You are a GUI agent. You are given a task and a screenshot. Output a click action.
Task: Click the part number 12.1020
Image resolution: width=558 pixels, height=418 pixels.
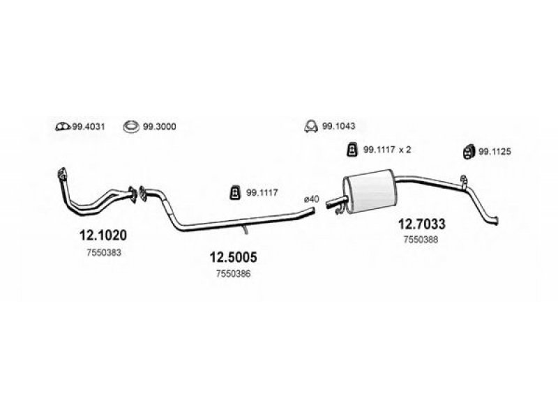pos(103,235)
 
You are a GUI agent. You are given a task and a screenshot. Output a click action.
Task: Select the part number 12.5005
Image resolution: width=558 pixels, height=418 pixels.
pos(233,257)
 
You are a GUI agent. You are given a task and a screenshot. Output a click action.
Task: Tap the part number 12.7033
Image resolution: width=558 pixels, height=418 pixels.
pos(421,224)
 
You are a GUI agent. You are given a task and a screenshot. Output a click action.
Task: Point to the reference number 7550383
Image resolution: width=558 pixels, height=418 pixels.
pos(104,253)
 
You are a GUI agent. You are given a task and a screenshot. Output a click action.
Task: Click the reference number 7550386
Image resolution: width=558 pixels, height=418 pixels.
pos(233,274)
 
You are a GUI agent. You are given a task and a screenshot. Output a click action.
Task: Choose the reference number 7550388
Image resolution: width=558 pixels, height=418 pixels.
pos(421,240)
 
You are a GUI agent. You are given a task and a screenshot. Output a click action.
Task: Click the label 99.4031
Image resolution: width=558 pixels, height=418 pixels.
pos(89,127)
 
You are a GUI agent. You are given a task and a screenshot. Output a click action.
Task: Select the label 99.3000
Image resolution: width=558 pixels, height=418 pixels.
pos(160,127)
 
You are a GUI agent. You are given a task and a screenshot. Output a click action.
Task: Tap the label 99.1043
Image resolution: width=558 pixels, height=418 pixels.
pos(338,126)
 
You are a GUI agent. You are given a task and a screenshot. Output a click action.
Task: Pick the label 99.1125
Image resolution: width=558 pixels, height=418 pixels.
pos(495,152)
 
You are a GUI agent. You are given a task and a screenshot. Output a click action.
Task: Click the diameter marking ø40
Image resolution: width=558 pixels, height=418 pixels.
pos(311,199)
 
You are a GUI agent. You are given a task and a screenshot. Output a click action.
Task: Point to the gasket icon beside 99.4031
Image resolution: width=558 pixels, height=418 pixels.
pos(63,127)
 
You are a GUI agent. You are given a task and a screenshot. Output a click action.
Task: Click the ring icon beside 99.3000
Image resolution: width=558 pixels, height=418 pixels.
pos(131,127)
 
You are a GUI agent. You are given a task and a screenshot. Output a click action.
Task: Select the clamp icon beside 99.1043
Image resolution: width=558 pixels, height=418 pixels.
pos(311,126)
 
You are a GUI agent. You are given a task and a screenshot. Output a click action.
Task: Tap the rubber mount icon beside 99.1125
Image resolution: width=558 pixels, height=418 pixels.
pos(469,152)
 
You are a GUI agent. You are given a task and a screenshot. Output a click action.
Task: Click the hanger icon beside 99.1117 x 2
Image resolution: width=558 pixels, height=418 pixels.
pos(352,150)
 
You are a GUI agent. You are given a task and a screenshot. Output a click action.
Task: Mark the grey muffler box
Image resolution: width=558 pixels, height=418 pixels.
pos(370,191)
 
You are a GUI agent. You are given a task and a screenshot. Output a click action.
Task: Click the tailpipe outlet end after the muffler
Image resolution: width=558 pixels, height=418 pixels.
pos(497,221)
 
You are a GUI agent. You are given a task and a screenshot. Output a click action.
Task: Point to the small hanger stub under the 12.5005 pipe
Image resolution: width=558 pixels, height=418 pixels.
pos(246,230)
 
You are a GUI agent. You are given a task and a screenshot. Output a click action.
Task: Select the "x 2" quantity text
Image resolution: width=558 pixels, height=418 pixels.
pos(405,150)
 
